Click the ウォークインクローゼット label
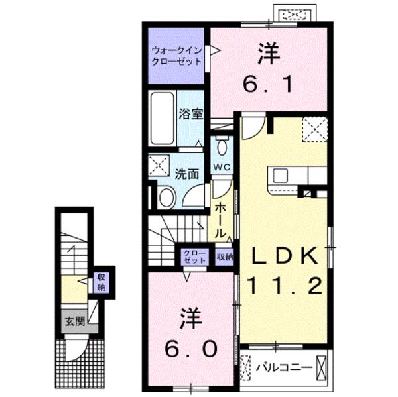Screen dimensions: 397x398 pyautogui.click(x=176, y=54)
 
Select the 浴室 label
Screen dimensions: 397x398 pyautogui.click(x=190, y=113)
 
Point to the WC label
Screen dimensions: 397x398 pyautogui.click(x=221, y=167)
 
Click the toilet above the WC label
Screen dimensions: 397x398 pyautogui.click(x=222, y=146)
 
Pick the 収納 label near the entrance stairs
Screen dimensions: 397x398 pyautogui.click(x=101, y=282)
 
